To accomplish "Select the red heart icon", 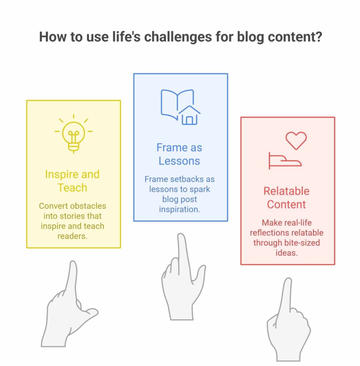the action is click(x=296, y=140).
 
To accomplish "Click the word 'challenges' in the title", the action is click(x=178, y=37).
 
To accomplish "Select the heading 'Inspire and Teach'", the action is click(x=72, y=181).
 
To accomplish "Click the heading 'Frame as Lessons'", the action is click(x=179, y=154).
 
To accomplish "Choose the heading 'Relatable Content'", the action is click(x=286, y=198).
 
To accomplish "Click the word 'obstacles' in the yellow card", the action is click(x=89, y=206).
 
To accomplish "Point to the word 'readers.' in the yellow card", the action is click(x=72, y=236).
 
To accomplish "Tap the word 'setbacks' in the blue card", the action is click(x=187, y=179).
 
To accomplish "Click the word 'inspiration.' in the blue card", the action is click(x=180, y=209).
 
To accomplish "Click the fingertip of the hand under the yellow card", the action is click(x=73, y=263).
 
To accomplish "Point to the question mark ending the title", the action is click(x=318, y=37).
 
